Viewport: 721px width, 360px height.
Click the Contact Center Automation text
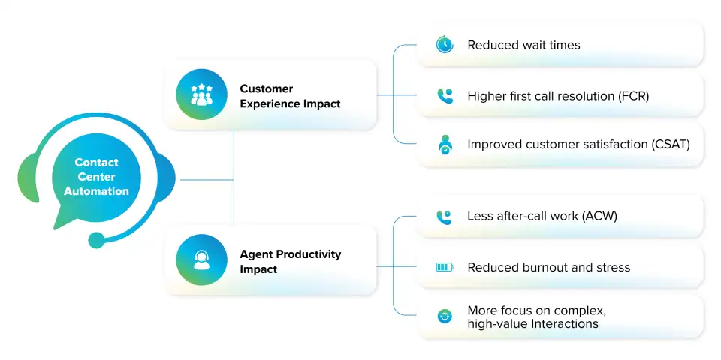click(x=96, y=177)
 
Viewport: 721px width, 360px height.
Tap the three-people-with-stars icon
click(x=201, y=94)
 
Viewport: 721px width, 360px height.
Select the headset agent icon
click(x=201, y=259)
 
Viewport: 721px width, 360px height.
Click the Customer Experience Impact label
click(x=290, y=96)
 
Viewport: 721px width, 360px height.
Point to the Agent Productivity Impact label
click(x=290, y=261)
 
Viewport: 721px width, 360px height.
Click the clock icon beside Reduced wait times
click(x=445, y=45)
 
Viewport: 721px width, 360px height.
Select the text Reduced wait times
click(x=523, y=45)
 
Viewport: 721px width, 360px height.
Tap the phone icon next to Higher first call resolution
click(x=445, y=96)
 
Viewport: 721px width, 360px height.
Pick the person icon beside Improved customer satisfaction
click(x=445, y=145)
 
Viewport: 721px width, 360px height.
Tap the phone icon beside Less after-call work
click(x=445, y=217)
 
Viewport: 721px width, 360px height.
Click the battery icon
click(x=445, y=267)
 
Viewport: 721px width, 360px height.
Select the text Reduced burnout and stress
click(x=548, y=267)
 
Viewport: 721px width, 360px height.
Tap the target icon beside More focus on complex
click(x=445, y=316)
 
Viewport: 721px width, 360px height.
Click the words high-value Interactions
click(x=532, y=323)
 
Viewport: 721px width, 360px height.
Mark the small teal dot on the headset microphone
click(x=96, y=240)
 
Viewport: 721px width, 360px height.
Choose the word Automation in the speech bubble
click(x=96, y=191)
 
